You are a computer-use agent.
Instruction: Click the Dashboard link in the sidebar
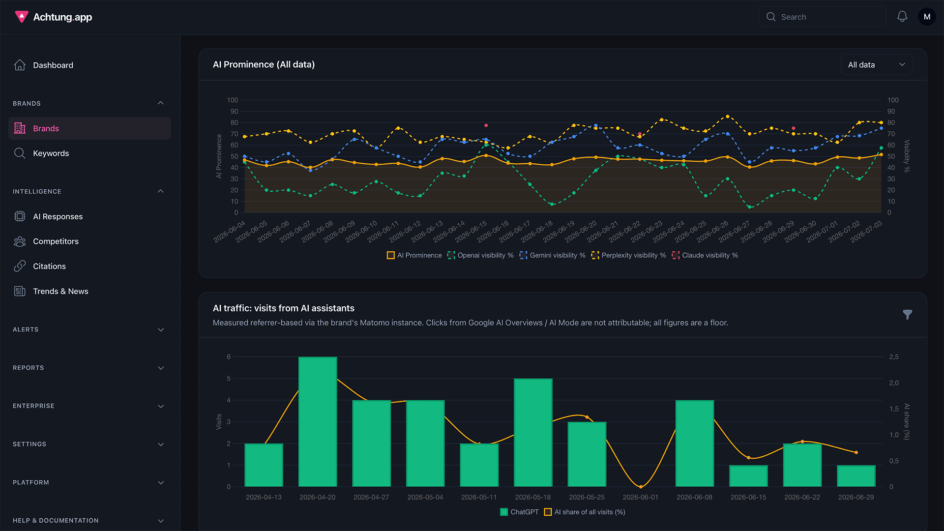(53, 65)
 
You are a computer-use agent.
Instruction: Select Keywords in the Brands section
(51, 153)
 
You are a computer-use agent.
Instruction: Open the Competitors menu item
(56, 241)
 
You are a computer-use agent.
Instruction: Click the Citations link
(49, 266)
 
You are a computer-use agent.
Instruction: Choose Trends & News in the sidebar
(60, 292)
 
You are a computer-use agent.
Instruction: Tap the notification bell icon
(902, 17)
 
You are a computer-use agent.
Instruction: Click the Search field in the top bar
(822, 17)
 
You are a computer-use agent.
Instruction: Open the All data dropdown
(877, 65)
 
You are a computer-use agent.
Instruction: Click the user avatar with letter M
(927, 17)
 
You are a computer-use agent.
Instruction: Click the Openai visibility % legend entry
(480, 255)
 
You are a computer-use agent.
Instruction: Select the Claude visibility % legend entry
(705, 255)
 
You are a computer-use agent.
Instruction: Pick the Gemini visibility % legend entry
(553, 255)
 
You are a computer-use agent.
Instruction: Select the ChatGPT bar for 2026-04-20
(318, 422)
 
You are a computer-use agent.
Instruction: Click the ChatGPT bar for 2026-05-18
(533, 433)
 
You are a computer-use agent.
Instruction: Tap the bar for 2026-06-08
(695, 443)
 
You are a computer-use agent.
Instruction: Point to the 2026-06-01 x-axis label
(640, 497)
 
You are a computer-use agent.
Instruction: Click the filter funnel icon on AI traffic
(908, 315)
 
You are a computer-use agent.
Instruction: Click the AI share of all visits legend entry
(585, 512)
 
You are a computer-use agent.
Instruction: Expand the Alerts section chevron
(161, 330)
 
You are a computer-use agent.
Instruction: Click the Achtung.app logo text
(62, 17)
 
